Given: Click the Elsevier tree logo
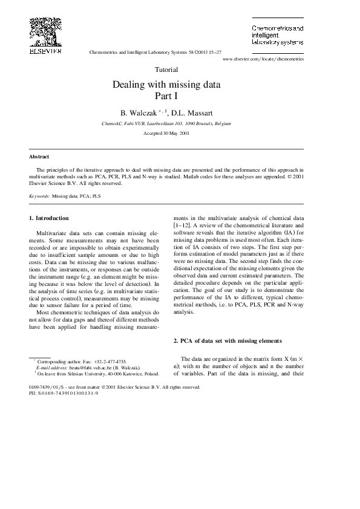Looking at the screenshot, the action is [x=45, y=30].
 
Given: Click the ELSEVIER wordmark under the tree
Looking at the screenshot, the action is [x=45, y=52].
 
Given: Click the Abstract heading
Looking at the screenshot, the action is [x=39, y=156].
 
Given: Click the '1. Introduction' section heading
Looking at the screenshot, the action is [x=49, y=218].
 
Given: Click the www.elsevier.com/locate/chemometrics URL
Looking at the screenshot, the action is [x=263, y=59].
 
